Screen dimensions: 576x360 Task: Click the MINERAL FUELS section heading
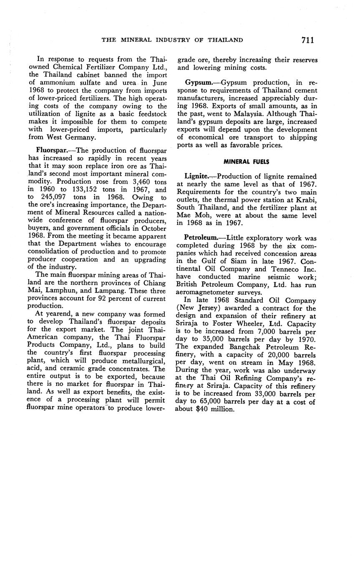point(247,162)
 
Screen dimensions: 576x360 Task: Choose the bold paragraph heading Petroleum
point(201,238)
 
